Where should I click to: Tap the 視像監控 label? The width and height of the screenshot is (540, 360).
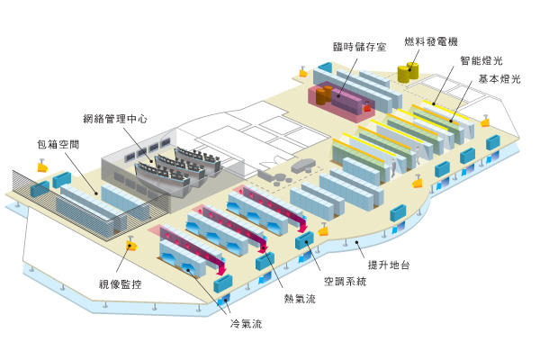tap(121, 284)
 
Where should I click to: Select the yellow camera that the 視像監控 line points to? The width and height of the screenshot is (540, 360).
tap(130, 245)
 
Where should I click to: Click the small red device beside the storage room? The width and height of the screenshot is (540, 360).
tap(368, 108)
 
